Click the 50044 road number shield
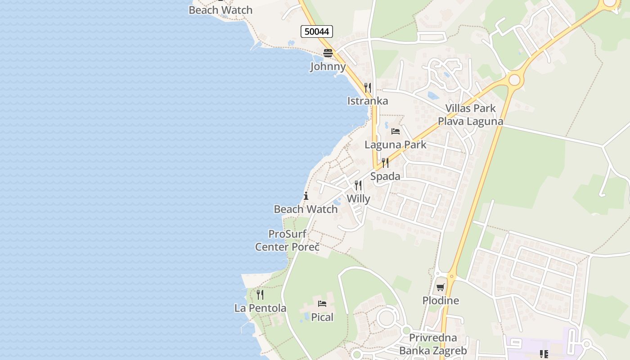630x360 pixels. point(316,31)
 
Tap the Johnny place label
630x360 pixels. point(328,67)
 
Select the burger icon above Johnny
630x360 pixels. point(328,53)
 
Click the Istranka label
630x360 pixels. point(367,101)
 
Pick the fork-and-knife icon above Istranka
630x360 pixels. point(368,87)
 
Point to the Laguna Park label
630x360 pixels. point(395,145)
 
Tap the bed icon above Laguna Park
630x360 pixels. point(396,131)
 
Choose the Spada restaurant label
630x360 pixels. point(385,176)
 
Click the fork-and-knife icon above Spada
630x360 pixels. point(385,162)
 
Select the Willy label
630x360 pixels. point(358,199)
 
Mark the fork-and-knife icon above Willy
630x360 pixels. point(358,185)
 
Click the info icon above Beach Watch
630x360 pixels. point(306,196)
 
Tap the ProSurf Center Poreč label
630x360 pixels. point(288,240)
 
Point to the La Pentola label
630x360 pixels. point(260,308)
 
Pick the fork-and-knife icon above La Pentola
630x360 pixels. point(260,295)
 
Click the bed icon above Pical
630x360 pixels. point(322,304)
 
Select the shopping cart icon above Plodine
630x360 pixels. point(441,287)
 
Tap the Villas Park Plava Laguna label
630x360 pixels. point(470,115)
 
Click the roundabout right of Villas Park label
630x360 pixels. point(514,80)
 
